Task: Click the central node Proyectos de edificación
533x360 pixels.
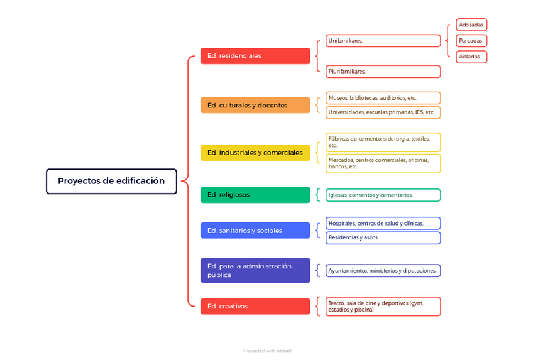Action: [x=111, y=181]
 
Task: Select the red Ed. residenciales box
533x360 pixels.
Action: [x=255, y=56]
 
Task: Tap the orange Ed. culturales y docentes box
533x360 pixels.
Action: [x=255, y=105]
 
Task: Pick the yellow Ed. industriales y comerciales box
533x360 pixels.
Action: [x=255, y=153]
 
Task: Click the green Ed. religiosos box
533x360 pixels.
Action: [x=255, y=195]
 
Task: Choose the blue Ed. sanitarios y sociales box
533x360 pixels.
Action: [x=255, y=231]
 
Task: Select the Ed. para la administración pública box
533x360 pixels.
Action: [x=255, y=270]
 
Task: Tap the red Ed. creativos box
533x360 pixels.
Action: [x=255, y=306]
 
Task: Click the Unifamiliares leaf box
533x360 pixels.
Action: [x=383, y=41]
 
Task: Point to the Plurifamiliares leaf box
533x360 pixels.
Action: [x=383, y=72]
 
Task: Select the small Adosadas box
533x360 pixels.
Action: [x=471, y=25]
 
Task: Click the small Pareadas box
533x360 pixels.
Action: [x=471, y=41]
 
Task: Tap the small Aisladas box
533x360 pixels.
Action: [x=471, y=57]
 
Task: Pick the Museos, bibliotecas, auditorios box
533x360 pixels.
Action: [x=383, y=98]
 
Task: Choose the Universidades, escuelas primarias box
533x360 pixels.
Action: [x=383, y=112]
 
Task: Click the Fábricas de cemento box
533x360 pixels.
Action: [x=383, y=142]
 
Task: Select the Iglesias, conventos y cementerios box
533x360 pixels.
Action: [x=383, y=195]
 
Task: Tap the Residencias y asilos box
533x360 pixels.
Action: [x=383, y=237]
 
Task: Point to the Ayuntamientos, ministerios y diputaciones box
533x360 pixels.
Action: [x=383, y=271]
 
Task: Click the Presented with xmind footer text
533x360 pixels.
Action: [x=266, y=351]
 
